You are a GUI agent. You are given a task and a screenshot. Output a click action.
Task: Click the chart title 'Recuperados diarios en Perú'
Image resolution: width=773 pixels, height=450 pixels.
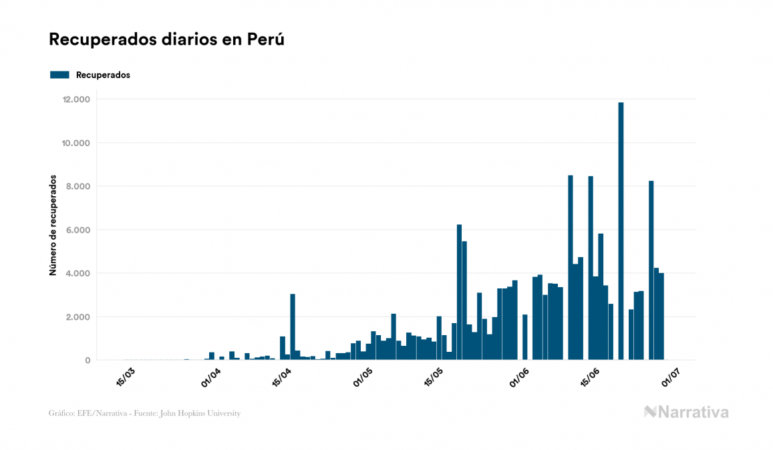[x=167, y=39]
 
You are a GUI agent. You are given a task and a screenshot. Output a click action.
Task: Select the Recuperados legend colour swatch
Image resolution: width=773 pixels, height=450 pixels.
[x=59, y=75]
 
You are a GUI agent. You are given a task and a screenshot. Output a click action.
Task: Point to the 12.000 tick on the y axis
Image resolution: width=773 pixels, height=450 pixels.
[x=76, y=99]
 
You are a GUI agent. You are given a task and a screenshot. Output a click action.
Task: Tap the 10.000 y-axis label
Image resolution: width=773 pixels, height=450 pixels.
[x=76, y=143]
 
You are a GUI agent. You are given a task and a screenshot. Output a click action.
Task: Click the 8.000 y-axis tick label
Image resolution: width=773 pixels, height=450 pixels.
[x=78, y=186]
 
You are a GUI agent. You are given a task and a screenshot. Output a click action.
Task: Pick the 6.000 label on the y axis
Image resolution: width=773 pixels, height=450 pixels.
[x=78, y=230]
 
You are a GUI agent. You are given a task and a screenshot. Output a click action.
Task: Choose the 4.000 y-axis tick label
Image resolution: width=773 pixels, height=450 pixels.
[x=78, y=273]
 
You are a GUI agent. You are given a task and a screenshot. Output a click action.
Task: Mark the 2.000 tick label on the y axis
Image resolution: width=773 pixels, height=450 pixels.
[x=78, y=316]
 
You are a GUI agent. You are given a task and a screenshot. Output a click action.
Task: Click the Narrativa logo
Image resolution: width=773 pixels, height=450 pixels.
[x=686, y=412]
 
